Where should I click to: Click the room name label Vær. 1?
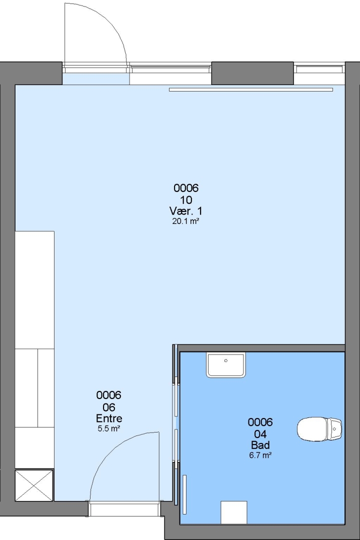[185, 211]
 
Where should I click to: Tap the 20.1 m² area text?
[185, 221]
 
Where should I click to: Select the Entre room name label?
[109, 418]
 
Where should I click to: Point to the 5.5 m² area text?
[109, 429]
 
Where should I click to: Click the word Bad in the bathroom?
[260, 445]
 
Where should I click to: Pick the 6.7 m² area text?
[260, 455]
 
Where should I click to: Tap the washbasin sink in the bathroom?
[226, 364]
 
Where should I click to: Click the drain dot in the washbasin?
[226, 360]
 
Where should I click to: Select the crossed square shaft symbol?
[34, 485]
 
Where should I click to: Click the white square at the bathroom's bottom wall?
[234, 512]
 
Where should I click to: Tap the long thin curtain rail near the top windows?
[251, 89]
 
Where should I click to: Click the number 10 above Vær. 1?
[186, 199]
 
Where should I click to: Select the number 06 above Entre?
[109, 407]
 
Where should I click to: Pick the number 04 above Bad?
[260, 434]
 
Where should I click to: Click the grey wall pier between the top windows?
[252, 73]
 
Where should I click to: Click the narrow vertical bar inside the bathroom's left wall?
[184, 494]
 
